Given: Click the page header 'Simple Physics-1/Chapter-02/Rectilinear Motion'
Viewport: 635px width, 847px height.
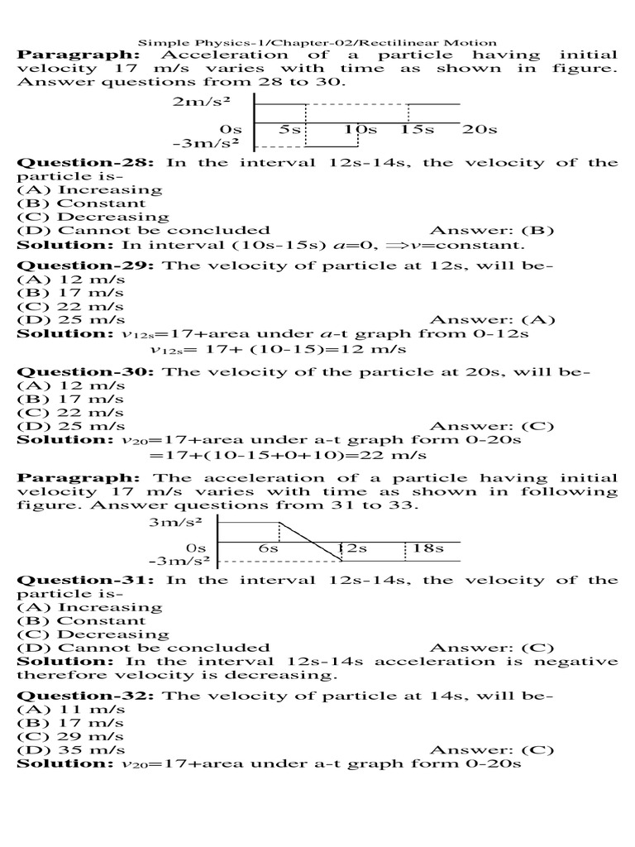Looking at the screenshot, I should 317,41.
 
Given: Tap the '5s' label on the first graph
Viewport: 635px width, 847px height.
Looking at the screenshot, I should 289,130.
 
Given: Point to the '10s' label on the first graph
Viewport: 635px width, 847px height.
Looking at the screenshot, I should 360,130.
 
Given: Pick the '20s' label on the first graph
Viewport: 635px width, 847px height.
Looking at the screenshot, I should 480,130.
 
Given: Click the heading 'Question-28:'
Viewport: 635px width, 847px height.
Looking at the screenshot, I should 88,162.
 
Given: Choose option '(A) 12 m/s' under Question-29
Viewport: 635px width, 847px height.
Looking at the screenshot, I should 71,280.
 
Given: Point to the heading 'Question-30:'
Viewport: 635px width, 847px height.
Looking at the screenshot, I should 88,372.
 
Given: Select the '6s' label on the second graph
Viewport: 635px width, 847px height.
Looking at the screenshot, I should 268,548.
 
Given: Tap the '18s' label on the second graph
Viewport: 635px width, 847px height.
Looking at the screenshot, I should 428,548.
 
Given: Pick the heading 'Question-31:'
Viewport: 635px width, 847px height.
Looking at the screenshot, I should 88,580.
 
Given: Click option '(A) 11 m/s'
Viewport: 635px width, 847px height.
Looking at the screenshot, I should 71,710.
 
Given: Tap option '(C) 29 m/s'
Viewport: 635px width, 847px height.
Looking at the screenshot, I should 71,736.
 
